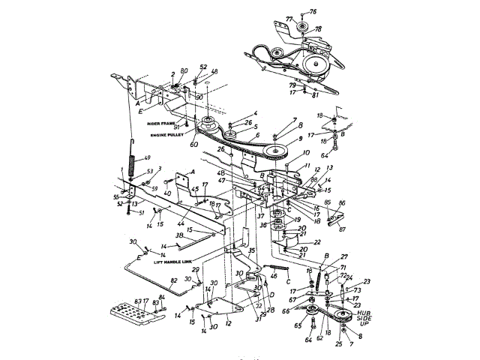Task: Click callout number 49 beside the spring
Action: [147, 157]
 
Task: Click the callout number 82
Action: [173, 280]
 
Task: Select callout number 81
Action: [315, 94]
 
